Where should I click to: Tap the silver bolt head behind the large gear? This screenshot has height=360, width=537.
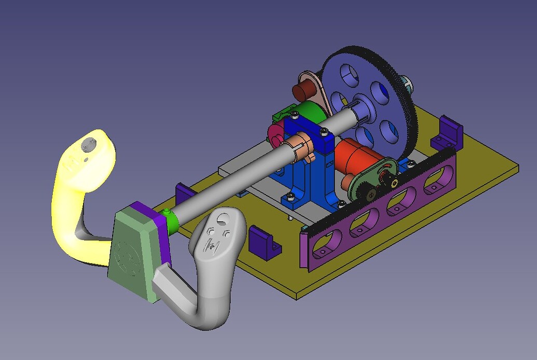coord(404,82)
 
